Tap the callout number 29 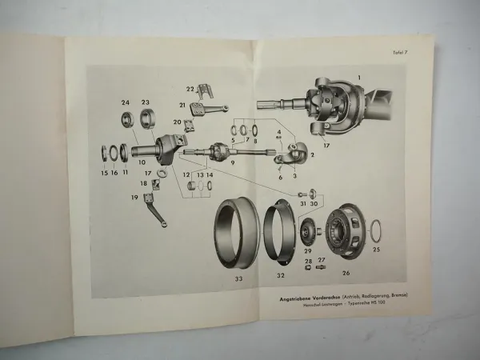(307, 250)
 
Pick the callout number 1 (359, 77)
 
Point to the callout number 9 (233, 162)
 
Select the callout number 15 (104, 173)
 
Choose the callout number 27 (322, 260)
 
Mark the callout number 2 (313, 155)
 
